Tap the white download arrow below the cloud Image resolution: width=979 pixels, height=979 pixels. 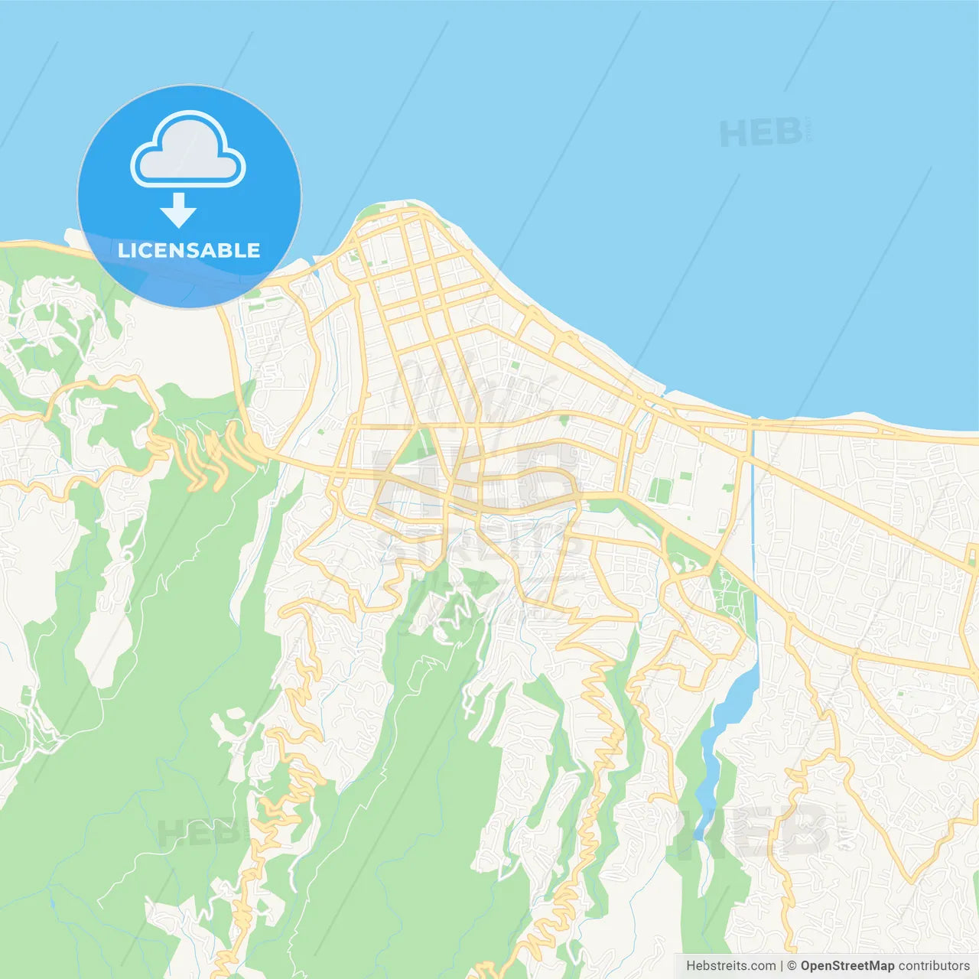pos(179,210)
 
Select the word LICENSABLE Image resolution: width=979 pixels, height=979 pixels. pos(189,251)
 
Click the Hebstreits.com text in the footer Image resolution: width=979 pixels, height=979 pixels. pos(730,966)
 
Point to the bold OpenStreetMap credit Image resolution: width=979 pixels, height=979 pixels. pos(847,966)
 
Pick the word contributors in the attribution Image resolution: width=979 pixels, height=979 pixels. pos(934,966)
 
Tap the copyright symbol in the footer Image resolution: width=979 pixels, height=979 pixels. pos(792,966)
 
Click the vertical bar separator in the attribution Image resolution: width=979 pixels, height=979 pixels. pos(781,966)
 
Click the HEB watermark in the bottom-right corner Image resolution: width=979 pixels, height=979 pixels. pos(753,830)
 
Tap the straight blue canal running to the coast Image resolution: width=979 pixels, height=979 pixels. pos(754,520)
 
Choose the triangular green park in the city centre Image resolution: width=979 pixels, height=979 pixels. pos(417,447)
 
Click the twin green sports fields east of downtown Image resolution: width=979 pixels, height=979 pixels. pos(658,489)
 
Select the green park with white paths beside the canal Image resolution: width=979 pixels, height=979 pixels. pos(730,597)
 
